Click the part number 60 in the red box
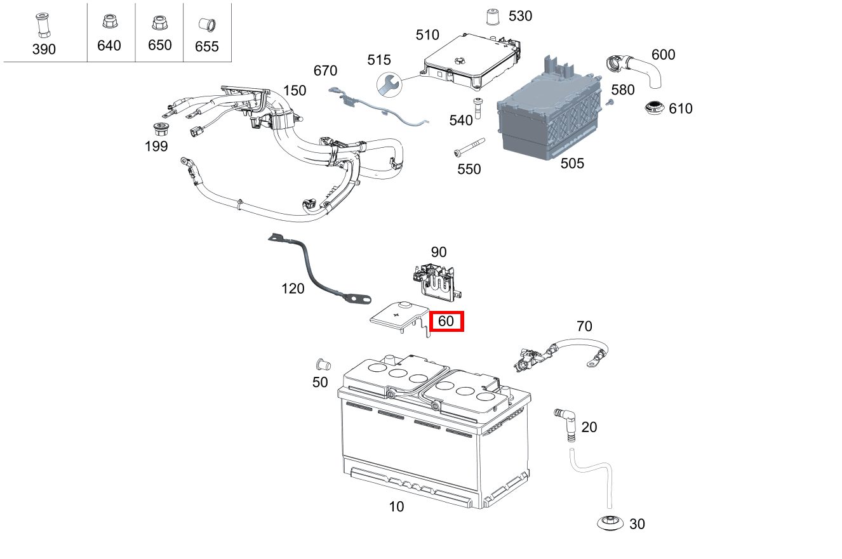pos(446,321)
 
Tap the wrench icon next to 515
pos(389,84)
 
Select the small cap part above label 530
pos(491,16)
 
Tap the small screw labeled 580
pos(610,102)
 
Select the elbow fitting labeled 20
pos(565,422)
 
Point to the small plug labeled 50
pos(322,365)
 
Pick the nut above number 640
pos(108,23)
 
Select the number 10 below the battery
pos(396,506)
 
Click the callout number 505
pos(572,164)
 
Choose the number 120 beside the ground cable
pos(293,289)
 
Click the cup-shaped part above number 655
pos(206,25)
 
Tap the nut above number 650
pos(158,23)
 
